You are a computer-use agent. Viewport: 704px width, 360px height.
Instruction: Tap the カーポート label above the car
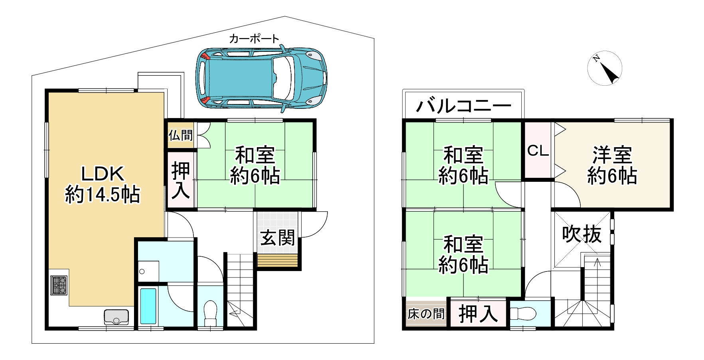click(x=254, y=39)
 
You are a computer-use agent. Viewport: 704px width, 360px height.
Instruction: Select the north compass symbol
click(x=605, y=68)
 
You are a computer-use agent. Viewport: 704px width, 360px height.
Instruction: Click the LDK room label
click(x=103, y=174)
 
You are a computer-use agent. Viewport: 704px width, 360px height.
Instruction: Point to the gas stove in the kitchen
click(x=59, y=285)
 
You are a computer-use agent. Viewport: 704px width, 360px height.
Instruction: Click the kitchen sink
click(x=116, y=317)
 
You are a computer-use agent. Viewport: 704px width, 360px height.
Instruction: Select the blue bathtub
click(x=148, y=306)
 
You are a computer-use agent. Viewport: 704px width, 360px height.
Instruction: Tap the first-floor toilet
click(x=210, y=313)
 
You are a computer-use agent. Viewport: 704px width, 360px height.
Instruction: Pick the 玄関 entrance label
click(x=278, y=238)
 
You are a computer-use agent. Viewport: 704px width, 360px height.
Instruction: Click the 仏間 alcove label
click(x=181, y=135)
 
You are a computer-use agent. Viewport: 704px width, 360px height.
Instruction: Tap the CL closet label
click(x=538, y=151)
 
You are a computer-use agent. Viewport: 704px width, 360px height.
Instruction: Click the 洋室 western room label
click(x=612, y=155)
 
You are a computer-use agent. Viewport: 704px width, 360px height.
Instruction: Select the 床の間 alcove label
click(x=426, y=314)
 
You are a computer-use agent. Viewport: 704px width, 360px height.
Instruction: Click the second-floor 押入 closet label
click(x=478, y=314)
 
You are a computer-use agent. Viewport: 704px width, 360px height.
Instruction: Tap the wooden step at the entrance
click(x=278, y=261)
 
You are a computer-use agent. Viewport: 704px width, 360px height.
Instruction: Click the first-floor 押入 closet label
click(x=181, y=181)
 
